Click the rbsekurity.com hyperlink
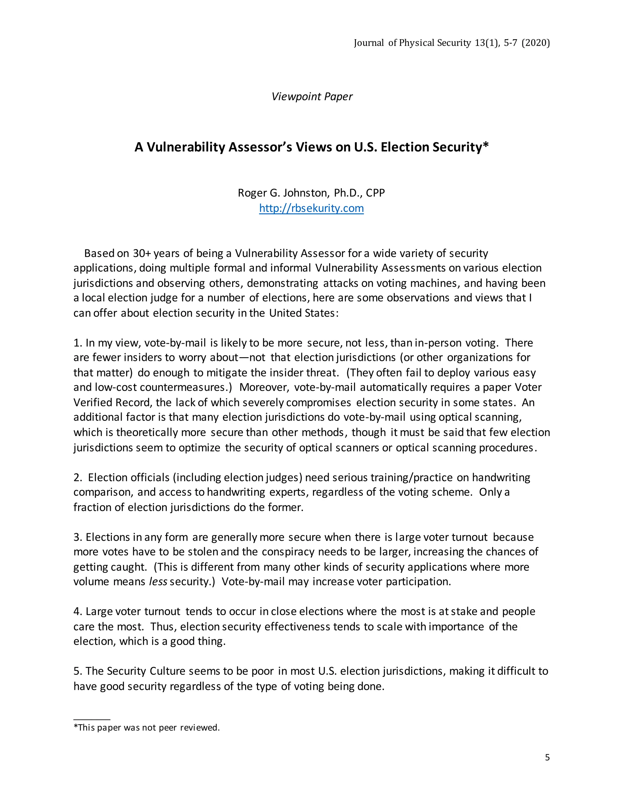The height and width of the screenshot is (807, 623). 311,208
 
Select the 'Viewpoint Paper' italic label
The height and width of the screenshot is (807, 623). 312,97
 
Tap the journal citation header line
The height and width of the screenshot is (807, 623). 451,43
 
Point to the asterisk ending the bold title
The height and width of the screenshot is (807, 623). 486,146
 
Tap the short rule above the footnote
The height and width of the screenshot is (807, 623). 92,719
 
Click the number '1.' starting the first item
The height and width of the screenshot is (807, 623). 78,343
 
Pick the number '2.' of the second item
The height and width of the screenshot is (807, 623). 78,478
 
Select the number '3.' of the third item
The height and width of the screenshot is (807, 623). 78,537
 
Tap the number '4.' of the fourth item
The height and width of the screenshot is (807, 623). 78,611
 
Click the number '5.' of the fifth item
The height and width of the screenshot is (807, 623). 78,671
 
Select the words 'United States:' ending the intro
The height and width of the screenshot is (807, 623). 303,313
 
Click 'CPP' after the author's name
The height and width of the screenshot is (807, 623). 375,193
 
